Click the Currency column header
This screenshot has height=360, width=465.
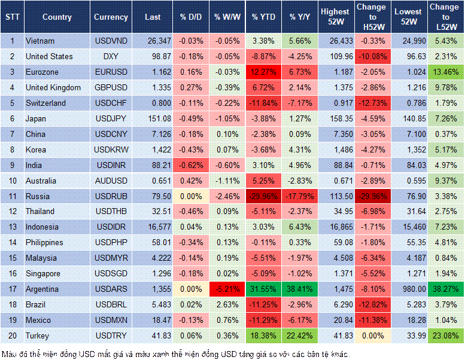coord(111,17)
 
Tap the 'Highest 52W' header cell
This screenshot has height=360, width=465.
coord(335,17)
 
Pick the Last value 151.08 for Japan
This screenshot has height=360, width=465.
coord(153,118)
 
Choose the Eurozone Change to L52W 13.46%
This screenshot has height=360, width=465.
coord(445,72)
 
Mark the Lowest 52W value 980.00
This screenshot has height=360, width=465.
coord(408,289)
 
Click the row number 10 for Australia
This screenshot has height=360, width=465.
coord(12,181)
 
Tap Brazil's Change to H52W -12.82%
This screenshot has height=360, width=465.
coord(372,304)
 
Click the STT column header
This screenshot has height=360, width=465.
coord(12,17)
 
